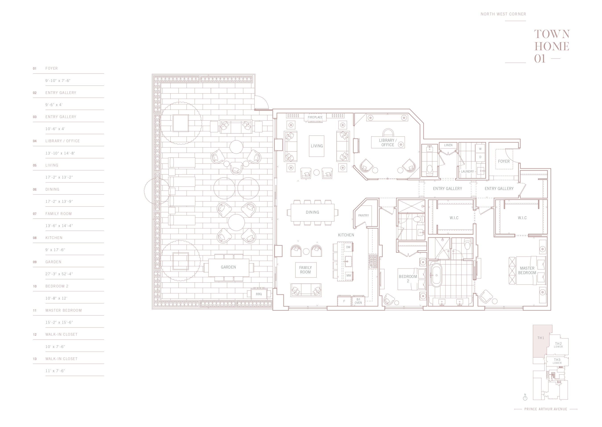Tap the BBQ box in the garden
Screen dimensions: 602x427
259,294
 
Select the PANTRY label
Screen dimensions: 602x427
363,215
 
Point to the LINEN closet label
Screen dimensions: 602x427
448,145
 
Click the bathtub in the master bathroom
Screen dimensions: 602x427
436,275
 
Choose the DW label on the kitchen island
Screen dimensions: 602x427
348,247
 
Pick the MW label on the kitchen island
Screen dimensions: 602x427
348,275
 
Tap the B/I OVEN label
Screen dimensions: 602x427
358,301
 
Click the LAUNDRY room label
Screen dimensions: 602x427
467,171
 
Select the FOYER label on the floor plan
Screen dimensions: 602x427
504,161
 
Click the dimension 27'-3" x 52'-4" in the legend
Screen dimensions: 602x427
59,274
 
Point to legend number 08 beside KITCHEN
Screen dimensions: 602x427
35,238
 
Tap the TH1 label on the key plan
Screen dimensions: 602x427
540,338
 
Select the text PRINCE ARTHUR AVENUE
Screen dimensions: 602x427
546,409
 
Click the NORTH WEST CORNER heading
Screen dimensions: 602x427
503,14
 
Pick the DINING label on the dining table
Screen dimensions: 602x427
312,212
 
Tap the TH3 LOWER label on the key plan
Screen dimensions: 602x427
557,361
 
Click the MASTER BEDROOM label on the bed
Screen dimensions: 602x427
527,271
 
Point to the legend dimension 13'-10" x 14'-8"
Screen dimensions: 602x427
60,153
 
